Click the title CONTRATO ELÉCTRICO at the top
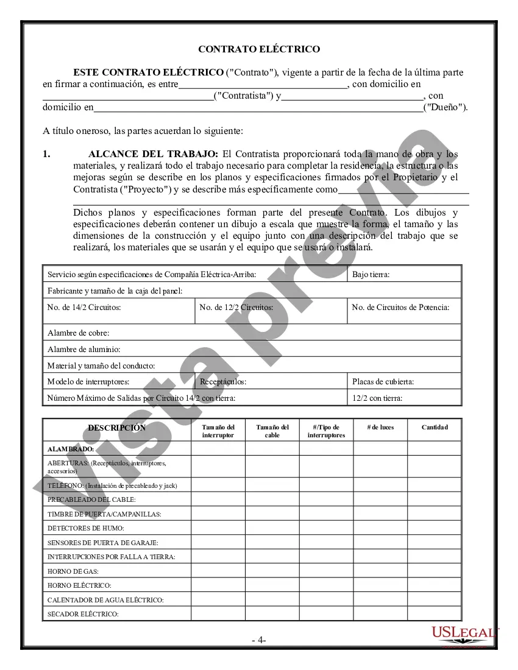259,49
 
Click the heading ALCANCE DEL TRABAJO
153,154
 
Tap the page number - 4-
259,640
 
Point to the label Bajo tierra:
371,275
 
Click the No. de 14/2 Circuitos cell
84,308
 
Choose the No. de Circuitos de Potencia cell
400,308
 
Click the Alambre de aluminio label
83,350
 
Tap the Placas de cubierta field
383,382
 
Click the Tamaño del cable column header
272,431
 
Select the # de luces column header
380,428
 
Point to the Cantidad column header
435,428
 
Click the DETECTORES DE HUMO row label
86,528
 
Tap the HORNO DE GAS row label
73,571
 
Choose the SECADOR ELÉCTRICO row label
83,614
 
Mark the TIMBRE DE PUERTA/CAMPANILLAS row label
104,514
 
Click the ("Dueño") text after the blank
445,107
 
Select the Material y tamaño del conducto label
101,366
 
